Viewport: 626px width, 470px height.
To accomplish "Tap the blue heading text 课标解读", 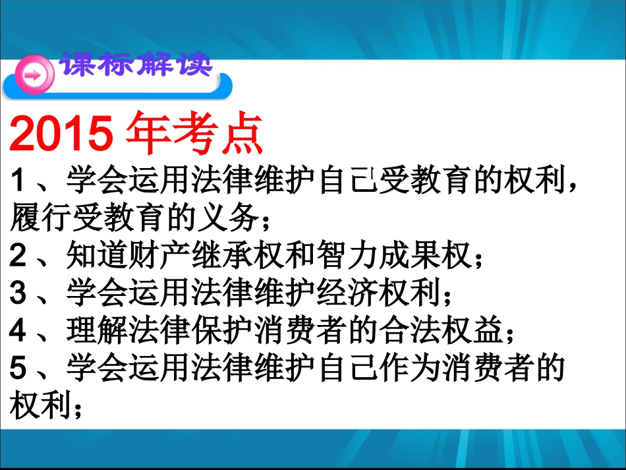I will pyautogui.click(x=136, y=67).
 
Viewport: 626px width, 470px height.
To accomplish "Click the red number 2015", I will pyautogui.click(x=59, y=134).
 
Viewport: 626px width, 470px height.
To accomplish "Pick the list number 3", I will pyautogui.click(x=18, y=292).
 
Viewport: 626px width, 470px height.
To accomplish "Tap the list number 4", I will pyautogui.click(x=18, y=330).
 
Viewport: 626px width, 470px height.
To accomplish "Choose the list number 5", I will pyautogui.click(x=18, y=367).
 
